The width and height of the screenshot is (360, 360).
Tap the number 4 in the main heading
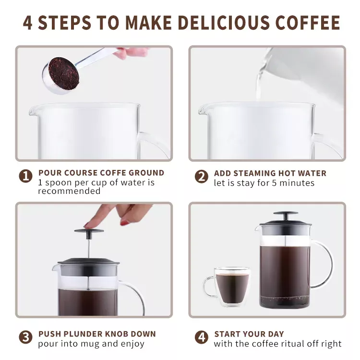click(27, 23)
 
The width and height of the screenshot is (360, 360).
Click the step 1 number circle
click(26, 176)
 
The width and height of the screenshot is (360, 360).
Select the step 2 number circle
click(201, 177)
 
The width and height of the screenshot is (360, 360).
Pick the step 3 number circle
click(26, 337)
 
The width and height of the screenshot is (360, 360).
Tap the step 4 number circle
click(201, 337)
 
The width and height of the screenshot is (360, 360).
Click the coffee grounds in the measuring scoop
click(63, 73)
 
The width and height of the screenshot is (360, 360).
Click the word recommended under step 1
click(69, 191)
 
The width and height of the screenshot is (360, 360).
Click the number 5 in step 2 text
click(274, 183)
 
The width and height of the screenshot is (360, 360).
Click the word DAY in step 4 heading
click(276, 334)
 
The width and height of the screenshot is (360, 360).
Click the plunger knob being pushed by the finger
click(89, 231)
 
